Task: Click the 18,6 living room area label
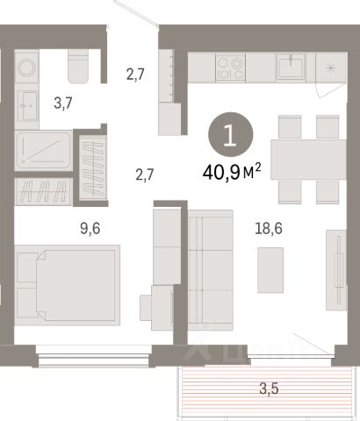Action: click(269, 228)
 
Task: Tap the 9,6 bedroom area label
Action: click(90, 228)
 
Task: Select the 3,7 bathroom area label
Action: click(63, 103)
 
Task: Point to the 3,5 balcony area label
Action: click(269, 389)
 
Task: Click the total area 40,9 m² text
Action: click(232, 172)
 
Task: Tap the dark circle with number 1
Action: click(230, 135)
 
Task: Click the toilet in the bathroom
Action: click(78, 66)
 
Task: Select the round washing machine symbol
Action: click(27, 68)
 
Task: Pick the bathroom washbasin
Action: click(27, 106)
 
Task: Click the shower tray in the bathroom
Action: click(43, 151)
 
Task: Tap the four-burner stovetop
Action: click(230, 68)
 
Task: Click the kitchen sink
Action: click(291, 67)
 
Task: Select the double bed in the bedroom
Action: click(67, 285)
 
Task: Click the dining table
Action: click(308, 160)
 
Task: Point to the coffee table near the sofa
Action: click(270, 270)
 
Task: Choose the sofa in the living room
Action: click(211, 270)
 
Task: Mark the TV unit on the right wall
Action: click(336, 270)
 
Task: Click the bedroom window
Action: click(94, 355)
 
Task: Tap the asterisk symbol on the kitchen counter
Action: click(330, 68)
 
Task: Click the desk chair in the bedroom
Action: click(146, 308)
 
